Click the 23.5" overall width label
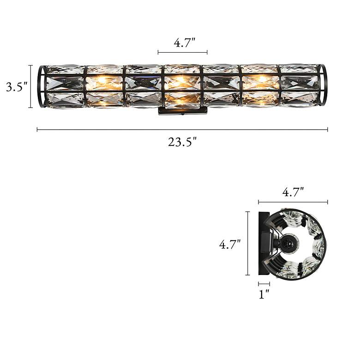click(182, 142)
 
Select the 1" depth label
click(264, 294)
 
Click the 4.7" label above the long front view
click(184, 43)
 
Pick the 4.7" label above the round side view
click(293, 192)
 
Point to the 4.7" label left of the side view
click(230, 244)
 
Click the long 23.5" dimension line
click(182, 130)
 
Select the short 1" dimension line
click(264, 284)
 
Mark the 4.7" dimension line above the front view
click(182, 52)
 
